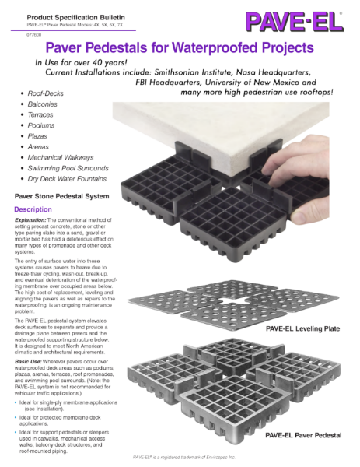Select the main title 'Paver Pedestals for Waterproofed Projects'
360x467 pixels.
point(180,48)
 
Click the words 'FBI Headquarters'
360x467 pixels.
point(176,82)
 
